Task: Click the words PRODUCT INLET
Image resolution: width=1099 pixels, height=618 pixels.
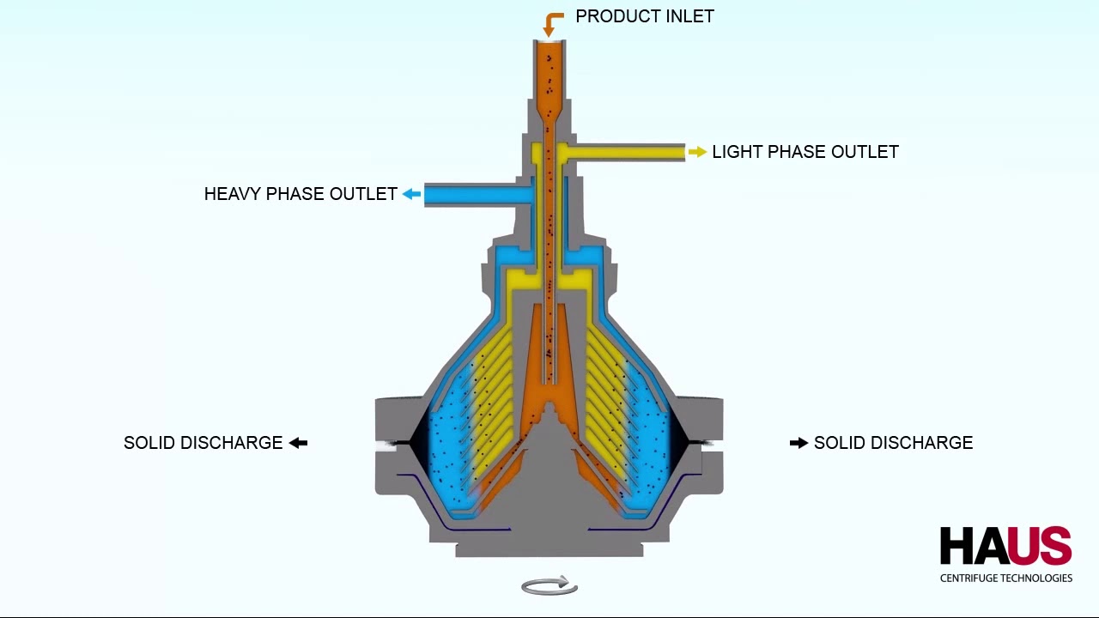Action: pos(645,16)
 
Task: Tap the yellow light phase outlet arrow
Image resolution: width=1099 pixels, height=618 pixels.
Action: pos(697,152)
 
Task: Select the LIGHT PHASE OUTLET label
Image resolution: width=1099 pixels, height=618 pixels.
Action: pos(805,152)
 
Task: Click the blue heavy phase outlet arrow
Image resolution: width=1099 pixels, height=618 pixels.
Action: pos(411,194)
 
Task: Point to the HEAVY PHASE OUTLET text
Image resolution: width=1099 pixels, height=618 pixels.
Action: pos(301,194)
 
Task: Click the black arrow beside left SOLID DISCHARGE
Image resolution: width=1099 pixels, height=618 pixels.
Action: pos(298,443)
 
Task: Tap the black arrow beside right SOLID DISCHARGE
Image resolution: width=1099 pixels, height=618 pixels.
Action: pos(798,443)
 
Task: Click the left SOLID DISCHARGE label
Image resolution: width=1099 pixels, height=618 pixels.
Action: pos(203,443)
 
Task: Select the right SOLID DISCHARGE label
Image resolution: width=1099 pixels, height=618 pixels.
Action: pos(894,443)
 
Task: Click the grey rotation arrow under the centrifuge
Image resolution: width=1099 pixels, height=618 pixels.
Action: pos(549,585)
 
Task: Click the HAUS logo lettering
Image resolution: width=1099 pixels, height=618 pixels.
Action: pos(1005,546)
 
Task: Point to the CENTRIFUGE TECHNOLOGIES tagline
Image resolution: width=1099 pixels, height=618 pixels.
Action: pos(1006,579)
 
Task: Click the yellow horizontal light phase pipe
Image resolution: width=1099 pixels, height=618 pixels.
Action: pos(626,153)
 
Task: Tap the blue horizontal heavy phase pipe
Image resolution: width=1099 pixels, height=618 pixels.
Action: pos(478,195)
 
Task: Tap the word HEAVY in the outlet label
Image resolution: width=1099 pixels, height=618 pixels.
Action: pos(232,194)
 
